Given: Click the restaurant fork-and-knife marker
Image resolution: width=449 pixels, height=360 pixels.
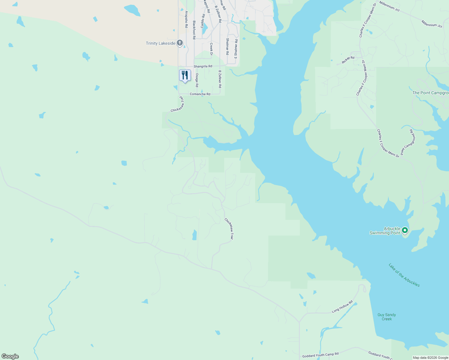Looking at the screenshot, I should (x=185, y=75).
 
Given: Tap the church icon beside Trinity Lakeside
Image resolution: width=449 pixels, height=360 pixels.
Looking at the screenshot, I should (x=180, y=43).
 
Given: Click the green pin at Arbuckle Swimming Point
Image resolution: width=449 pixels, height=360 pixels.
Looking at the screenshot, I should (x=405, y=230).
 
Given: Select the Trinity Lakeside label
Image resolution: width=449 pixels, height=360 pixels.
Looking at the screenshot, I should (x=161, y=43).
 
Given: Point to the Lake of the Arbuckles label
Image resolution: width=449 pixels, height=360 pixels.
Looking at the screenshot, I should (x=404, y=275).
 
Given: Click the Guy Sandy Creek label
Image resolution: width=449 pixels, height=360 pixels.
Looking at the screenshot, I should (x=387, y=317).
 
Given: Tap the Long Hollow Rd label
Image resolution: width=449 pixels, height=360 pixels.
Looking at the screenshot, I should (x=342, y=307).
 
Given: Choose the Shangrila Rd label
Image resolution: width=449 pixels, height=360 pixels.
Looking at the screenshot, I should (x=203, y=66).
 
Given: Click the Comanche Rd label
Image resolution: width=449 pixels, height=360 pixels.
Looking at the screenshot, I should (x=200, y=94).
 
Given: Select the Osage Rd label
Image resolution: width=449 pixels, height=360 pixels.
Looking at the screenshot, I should (x=197, y=80).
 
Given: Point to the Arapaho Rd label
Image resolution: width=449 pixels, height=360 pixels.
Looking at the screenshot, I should (x=186, y=19).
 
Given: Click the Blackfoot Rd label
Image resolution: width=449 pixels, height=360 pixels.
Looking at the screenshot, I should (x=194, y=30).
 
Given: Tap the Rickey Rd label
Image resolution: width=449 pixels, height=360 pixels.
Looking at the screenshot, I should (x=348, y=60).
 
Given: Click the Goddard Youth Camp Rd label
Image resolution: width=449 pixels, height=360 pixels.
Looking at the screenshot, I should (x=320, y=355).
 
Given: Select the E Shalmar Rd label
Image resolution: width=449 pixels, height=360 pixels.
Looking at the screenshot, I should (x=236, y=49).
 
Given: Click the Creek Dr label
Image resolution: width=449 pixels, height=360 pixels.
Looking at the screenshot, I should (x=211, y=49).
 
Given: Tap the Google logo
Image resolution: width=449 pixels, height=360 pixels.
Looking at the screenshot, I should (x=10, y=356).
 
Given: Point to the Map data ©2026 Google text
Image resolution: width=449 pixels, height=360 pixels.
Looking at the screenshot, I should (x=430, y=358).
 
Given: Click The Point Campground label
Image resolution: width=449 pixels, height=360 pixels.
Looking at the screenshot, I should (x=430, y=93).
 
